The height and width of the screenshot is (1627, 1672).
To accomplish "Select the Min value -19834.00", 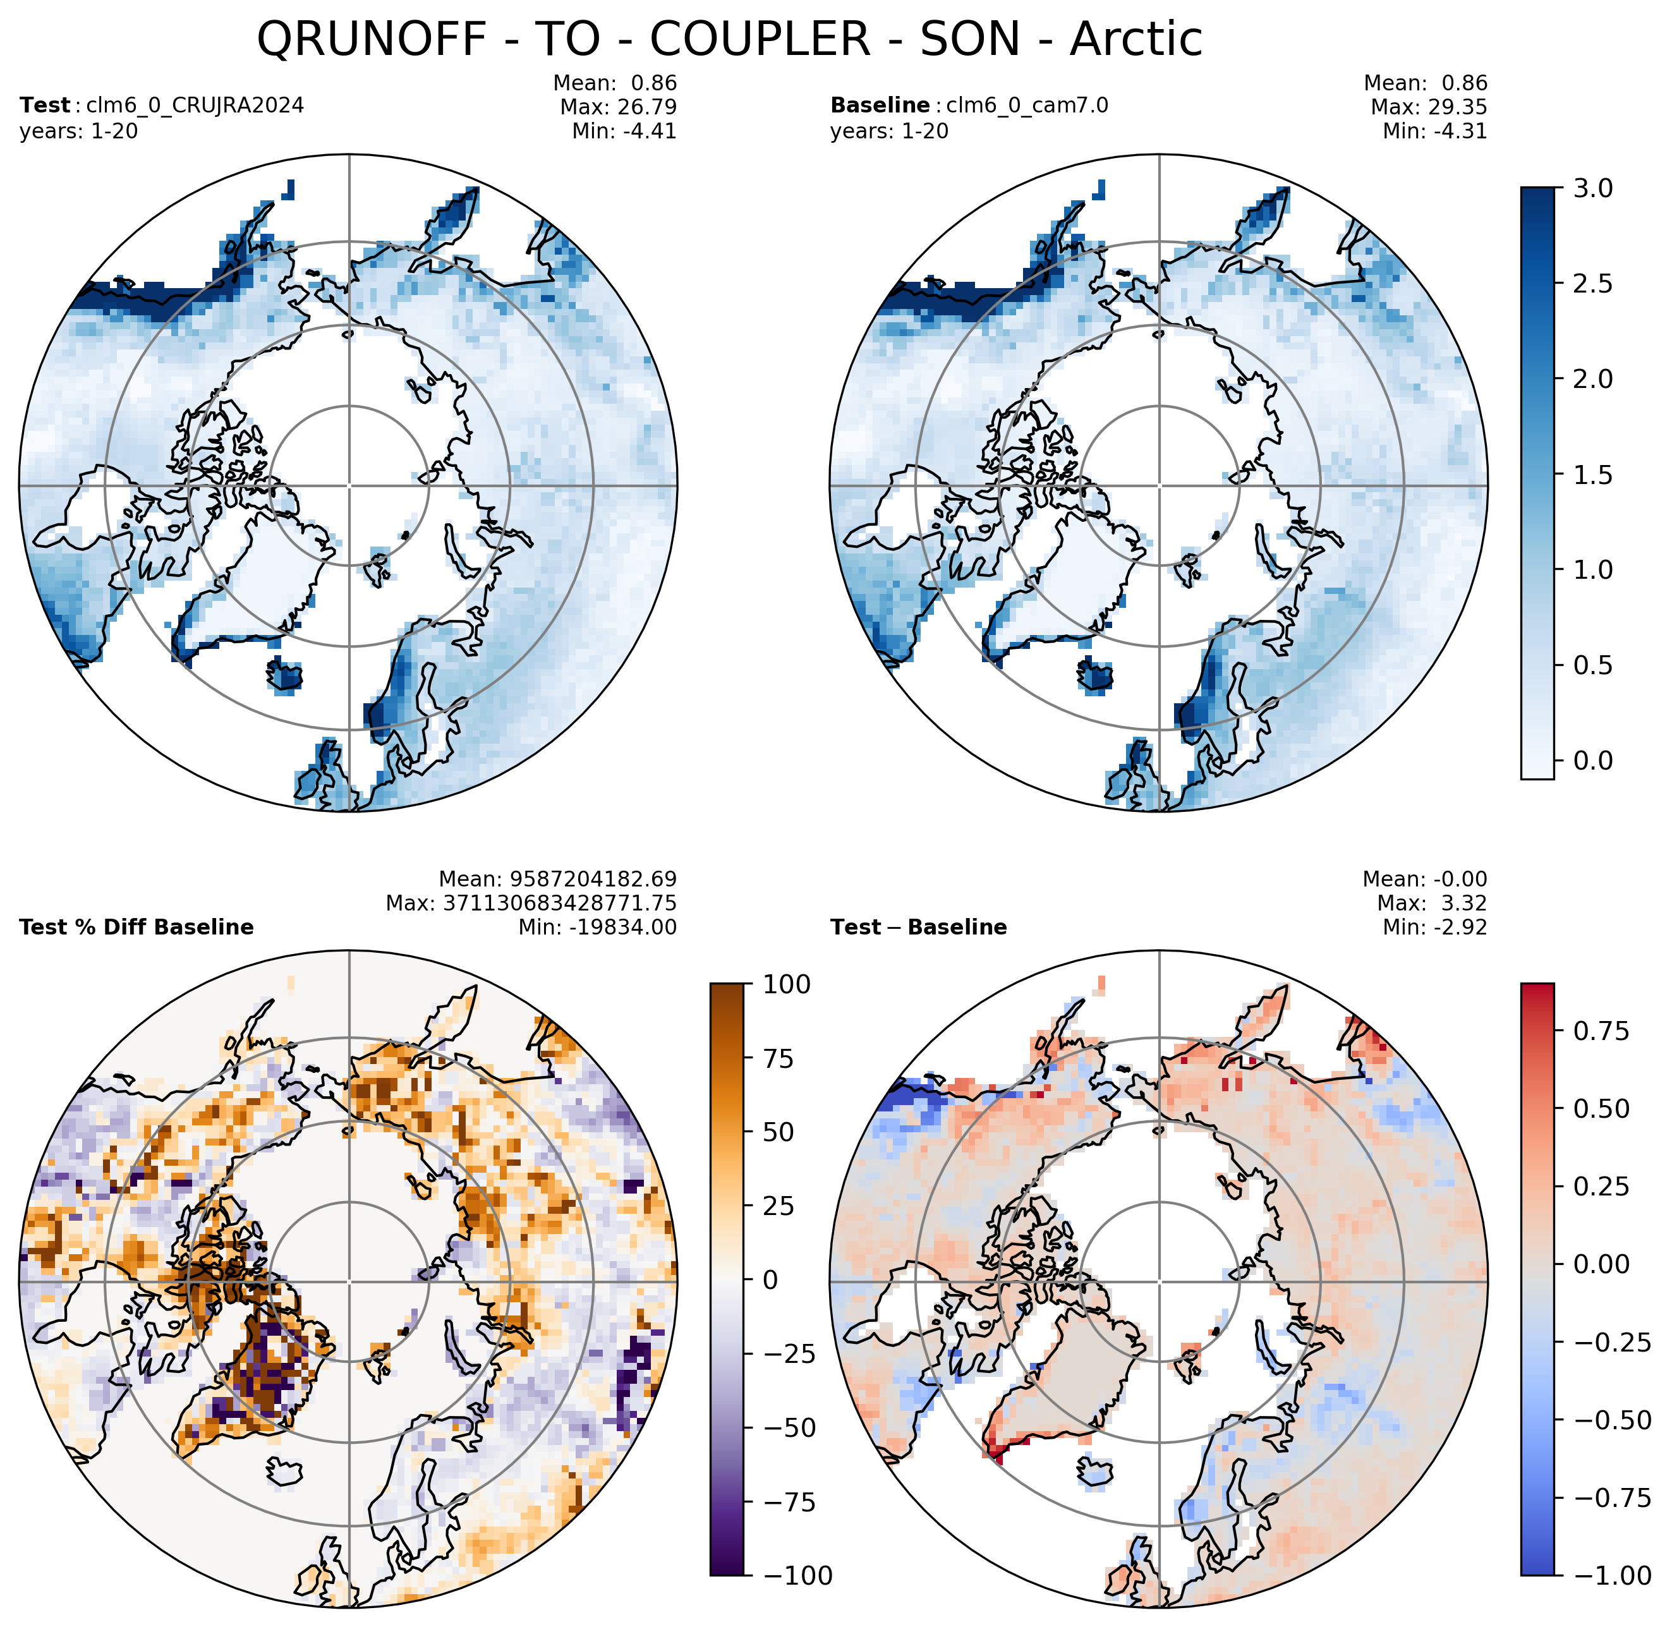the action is click(x=624, y=927).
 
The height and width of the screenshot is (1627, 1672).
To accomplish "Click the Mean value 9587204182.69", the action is click(x=594, y=880).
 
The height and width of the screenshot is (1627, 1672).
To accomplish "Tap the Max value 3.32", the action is click(x=1463, y=904).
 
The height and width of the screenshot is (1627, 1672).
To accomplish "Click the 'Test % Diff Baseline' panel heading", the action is click(x=136, y=927).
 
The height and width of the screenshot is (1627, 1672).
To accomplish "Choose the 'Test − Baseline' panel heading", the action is click(x=918, y=927).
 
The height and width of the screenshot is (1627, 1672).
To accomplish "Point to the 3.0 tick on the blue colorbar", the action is click(x=1592, y=188).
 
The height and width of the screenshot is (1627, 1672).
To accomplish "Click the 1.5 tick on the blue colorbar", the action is click(x=1592, y=475).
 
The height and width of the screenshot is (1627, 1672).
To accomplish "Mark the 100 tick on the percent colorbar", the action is click(x=787, y=984).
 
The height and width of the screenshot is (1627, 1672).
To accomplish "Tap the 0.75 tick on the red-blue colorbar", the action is click(x=1601, y=1031).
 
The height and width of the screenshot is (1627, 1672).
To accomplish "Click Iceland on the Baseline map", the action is click(x=1096, y=676).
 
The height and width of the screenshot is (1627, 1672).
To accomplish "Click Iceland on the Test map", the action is click(x=286, y=676).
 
